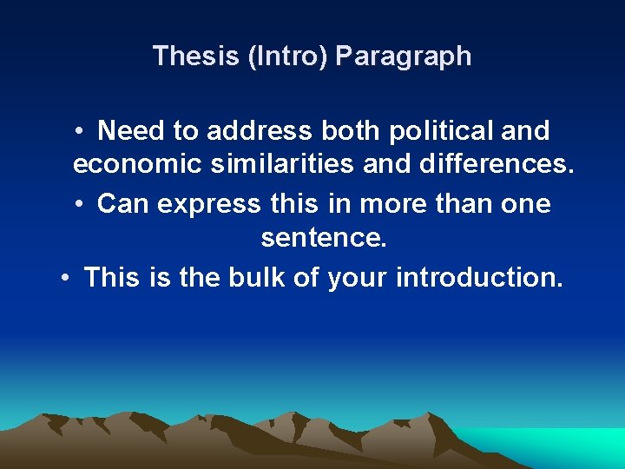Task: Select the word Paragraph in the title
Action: point(403,56)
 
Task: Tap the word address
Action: point(259,131)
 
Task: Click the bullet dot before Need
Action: point(79,132)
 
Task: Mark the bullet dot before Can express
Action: point(79,205)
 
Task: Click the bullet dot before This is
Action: point(65,278)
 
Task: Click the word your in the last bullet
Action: point(358,278)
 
